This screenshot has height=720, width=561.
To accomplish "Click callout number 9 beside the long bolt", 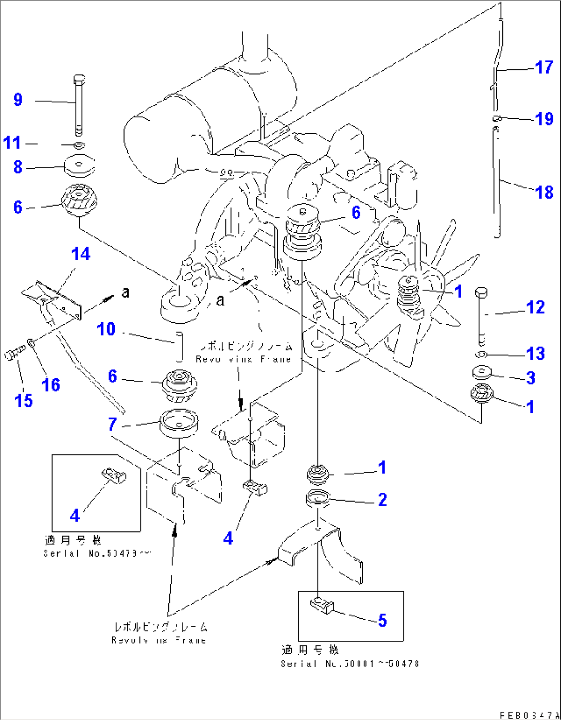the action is (18, 99).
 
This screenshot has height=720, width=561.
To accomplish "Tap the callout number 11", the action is (12, 143).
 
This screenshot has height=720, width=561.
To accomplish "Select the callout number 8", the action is (18, 167).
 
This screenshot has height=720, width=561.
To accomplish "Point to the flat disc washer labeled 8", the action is (80, 165).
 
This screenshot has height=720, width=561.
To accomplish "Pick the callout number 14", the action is (81, 254).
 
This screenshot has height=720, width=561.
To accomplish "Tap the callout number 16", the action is (51, 384).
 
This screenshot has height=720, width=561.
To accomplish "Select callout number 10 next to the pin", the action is (106, 329).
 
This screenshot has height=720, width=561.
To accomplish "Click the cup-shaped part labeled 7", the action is (179, 422).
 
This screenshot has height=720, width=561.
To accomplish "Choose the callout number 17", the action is (544, 67).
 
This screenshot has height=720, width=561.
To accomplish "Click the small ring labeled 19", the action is (496, 119).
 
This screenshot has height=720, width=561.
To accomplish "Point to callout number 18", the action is (544, 193).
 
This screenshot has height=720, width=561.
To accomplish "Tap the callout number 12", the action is (535, 307).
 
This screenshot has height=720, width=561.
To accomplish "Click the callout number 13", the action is (535, 354).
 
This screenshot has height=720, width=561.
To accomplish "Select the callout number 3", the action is (531, 378).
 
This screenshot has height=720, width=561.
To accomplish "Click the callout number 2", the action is (382, 500).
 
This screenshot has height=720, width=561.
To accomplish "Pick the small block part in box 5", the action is (322, 605).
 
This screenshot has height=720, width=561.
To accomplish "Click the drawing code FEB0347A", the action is (529, 715).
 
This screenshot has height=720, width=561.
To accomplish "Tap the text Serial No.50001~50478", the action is (349, 663).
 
